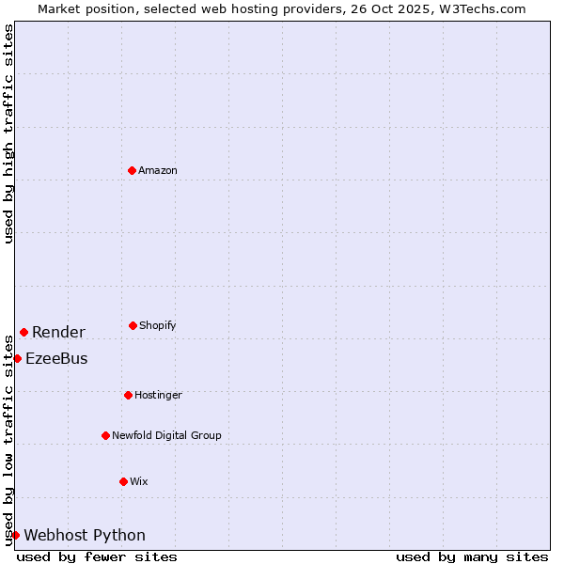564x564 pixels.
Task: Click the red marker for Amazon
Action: (132, 170)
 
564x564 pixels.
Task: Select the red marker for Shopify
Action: (133, 325)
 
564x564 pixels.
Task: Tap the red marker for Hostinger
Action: (128, 395)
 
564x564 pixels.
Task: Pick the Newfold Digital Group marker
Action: (105, 435)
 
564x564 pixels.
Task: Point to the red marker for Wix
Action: (123, 481)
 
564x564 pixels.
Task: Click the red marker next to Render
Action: (23, 332)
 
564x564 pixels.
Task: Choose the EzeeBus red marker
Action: (17, 358)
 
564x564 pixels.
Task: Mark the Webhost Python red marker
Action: (15, 535)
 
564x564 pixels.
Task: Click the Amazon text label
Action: (158, 170)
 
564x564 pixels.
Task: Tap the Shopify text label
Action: (158, 325)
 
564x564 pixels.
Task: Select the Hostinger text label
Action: (158, 395)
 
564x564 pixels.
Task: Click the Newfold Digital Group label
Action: (166, 435)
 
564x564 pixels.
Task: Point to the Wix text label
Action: (139, 481)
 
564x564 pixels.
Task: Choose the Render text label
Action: (58, 332)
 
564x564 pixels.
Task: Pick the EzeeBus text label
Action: (56, 358)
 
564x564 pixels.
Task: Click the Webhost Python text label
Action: (85, 535)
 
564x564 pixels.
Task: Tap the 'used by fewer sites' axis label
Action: (97, 556)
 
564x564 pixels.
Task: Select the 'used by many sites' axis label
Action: (472, 556)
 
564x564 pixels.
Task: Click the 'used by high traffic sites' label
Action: (8, 133)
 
